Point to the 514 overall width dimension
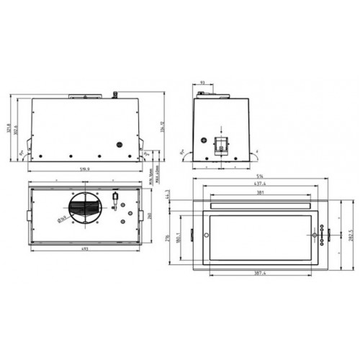pos(260,176)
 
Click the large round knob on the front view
pos(114,143)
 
